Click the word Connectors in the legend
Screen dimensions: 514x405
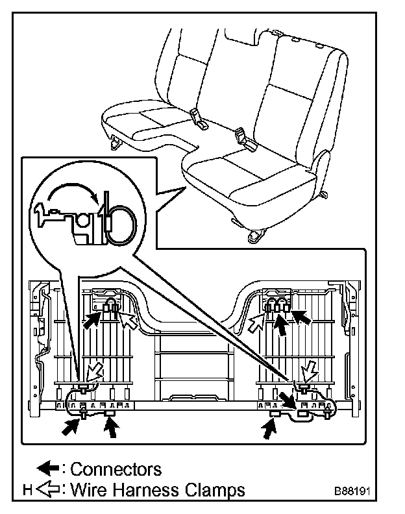pos(116,469)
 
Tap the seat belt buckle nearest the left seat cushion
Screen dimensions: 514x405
pos(197,117)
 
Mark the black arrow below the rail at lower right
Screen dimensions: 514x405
pos(268,428)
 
